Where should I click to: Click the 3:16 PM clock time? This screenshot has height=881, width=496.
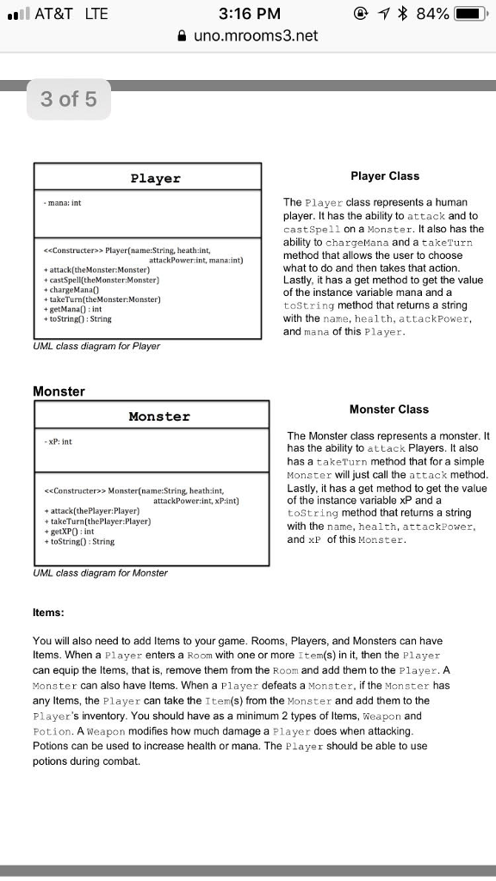coord(250,14)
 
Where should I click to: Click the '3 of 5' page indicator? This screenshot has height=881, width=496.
coord(69,100)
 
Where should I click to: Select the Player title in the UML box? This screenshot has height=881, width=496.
coord(155,178)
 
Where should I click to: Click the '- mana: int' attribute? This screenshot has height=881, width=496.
coord(63,203)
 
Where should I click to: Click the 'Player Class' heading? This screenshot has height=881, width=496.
coord(385,176)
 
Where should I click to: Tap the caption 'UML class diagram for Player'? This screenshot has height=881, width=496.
coord(96,346)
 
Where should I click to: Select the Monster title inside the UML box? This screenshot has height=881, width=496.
coord(159,416)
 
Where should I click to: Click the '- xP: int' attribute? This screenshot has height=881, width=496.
coord(59,441)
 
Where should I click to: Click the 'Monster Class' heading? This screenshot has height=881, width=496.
coord(388,409)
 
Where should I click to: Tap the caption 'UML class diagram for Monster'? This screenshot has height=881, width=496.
coord(100,572)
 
